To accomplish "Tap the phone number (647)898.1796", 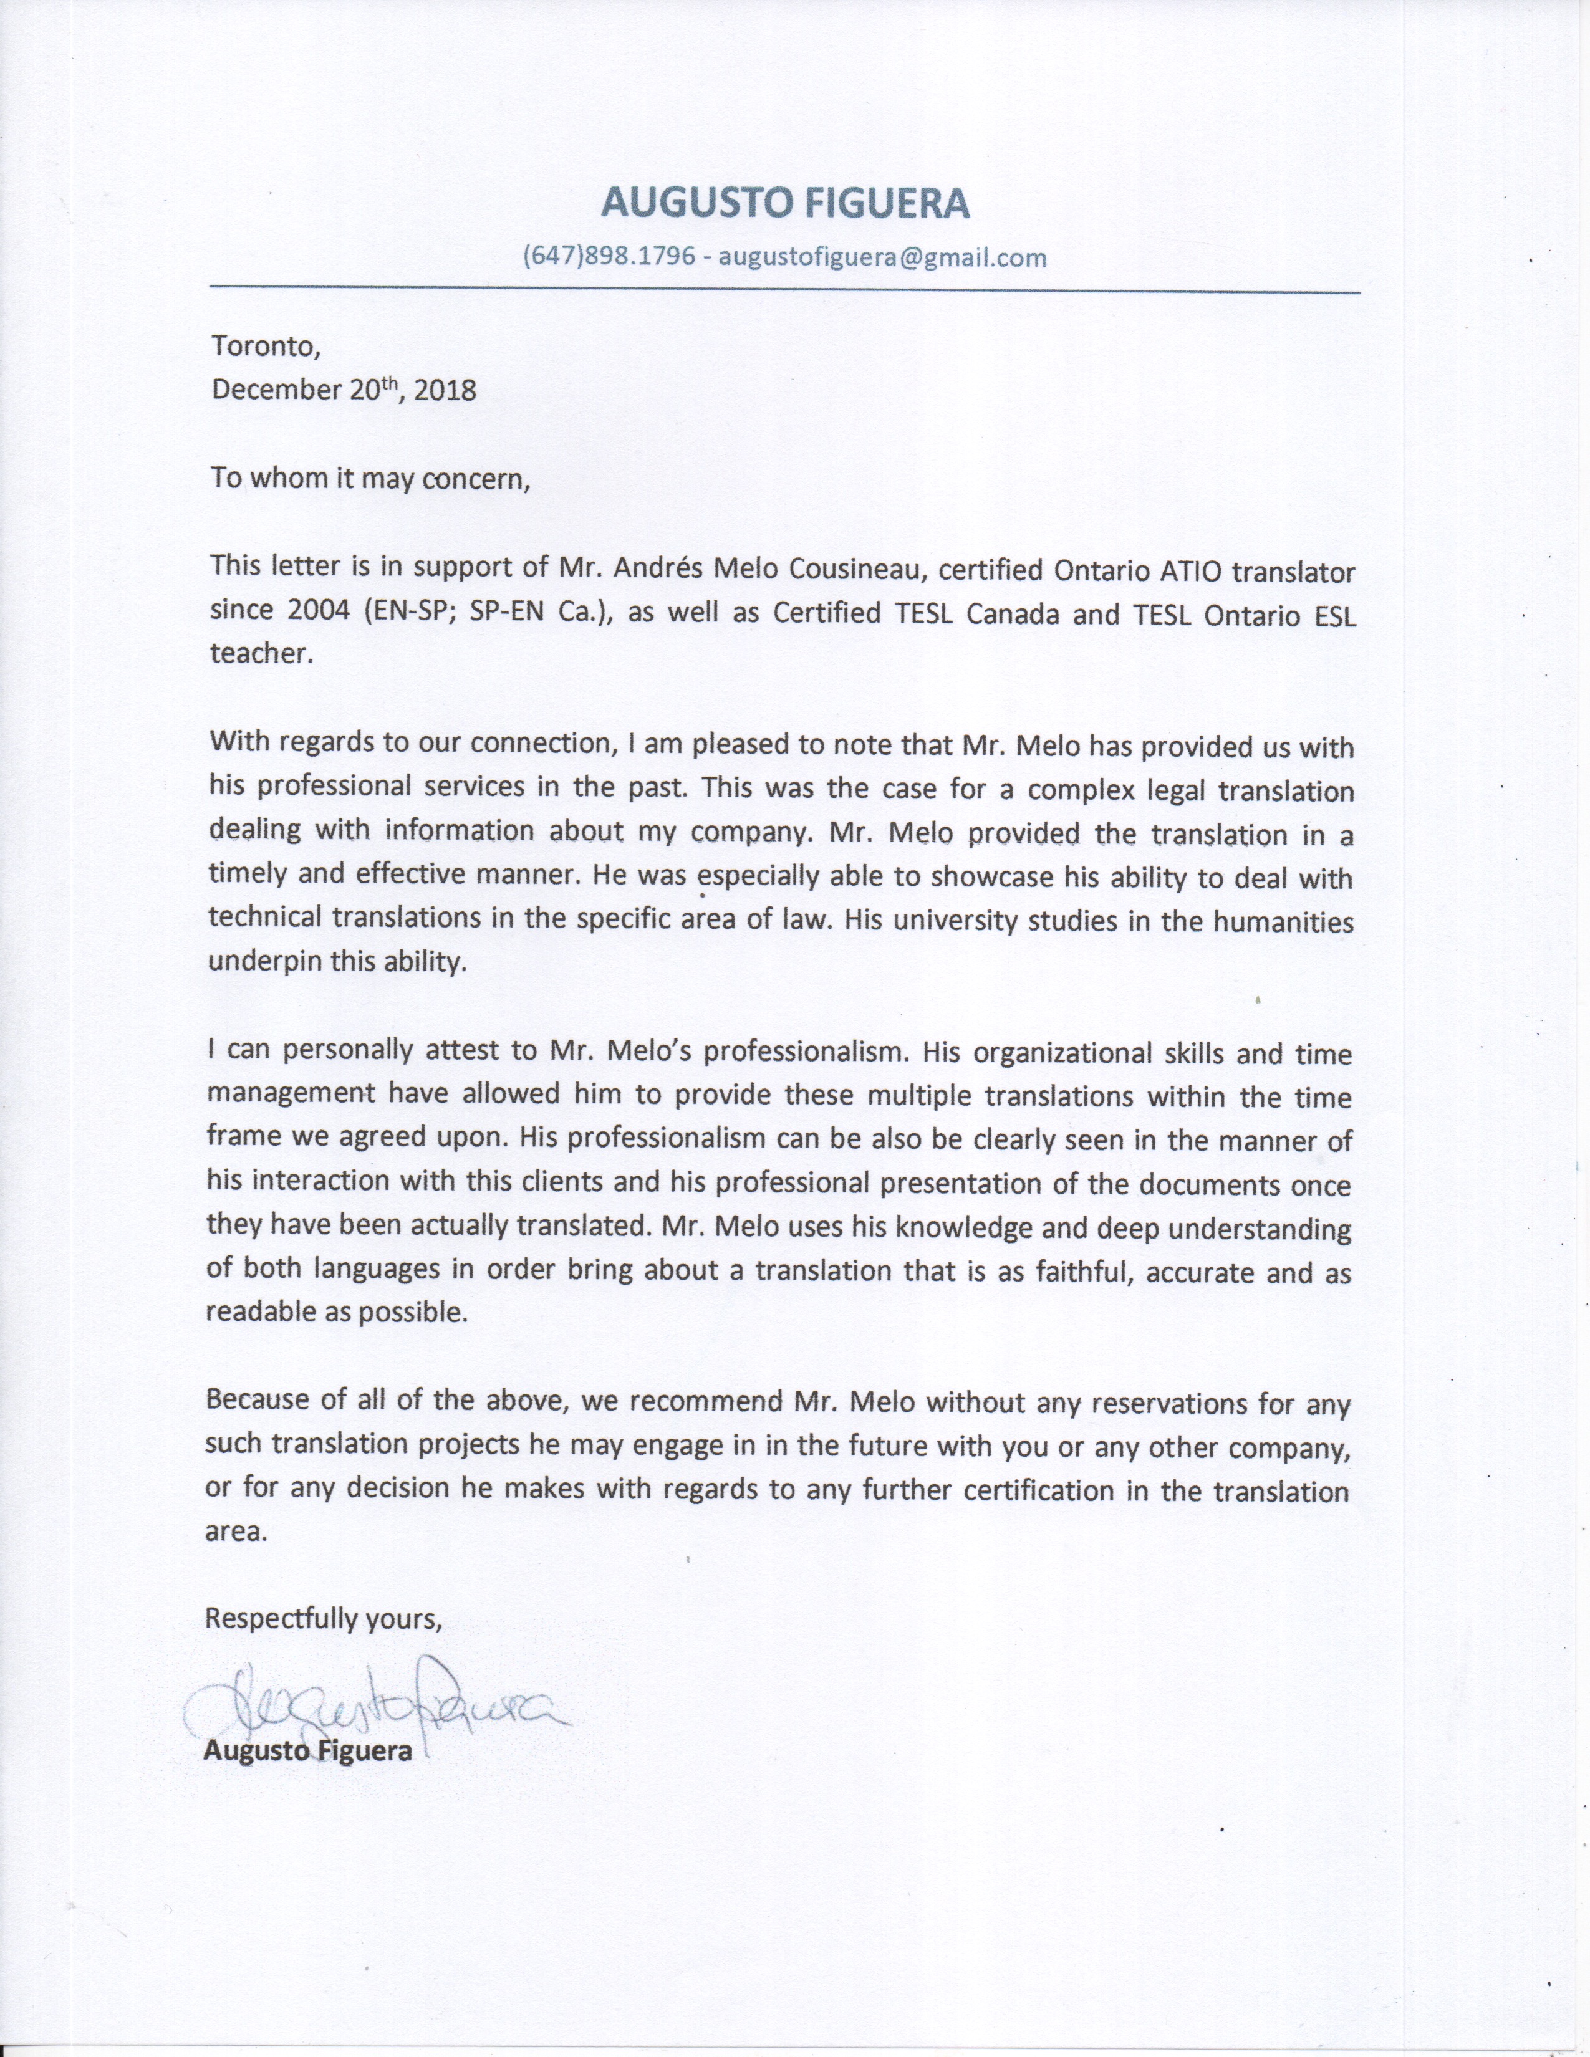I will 609,257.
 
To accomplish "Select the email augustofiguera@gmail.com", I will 882,257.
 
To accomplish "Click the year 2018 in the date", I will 445,390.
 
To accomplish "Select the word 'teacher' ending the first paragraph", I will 259,654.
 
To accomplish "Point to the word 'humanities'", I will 1283,921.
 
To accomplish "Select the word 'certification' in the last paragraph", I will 1041,1492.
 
